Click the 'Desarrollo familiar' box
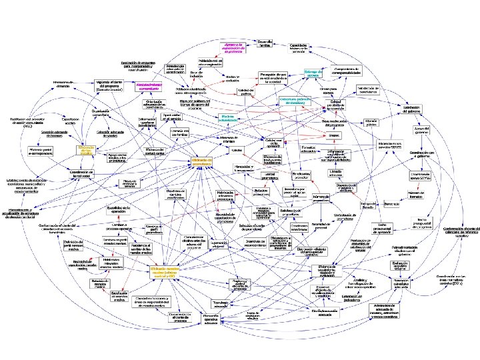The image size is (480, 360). pos(265,43)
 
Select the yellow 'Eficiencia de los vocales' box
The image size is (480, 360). pos(88,151)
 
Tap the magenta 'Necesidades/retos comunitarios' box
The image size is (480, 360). pos(150,86)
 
